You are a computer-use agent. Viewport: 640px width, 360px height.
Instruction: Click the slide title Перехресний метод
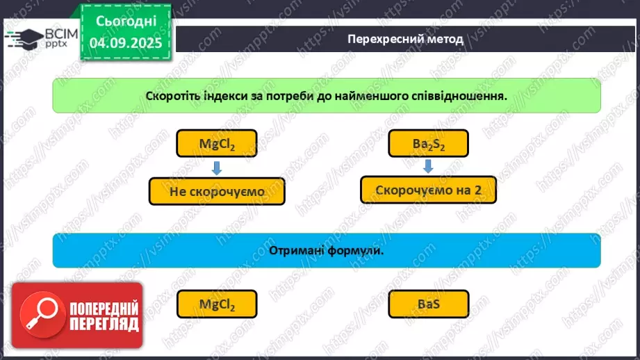point(405,39)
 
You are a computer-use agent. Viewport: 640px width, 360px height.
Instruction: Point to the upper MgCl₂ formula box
point(218,145)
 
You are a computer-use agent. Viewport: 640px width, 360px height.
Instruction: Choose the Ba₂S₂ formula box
point(428,145)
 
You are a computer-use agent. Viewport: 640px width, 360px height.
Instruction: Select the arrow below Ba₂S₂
point(428,166)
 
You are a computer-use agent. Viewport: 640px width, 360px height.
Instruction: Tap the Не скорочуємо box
point(217,190)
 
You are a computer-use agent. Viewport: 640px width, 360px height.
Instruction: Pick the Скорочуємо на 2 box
point(428,190)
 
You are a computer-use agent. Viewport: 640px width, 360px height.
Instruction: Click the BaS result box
point(428,304)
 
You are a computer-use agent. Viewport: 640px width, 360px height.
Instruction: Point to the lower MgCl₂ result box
point(218,304)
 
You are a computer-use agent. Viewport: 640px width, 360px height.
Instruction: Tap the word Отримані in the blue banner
point(295,250)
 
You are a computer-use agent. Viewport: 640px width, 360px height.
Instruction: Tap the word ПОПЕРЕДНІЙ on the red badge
point(104,308)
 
